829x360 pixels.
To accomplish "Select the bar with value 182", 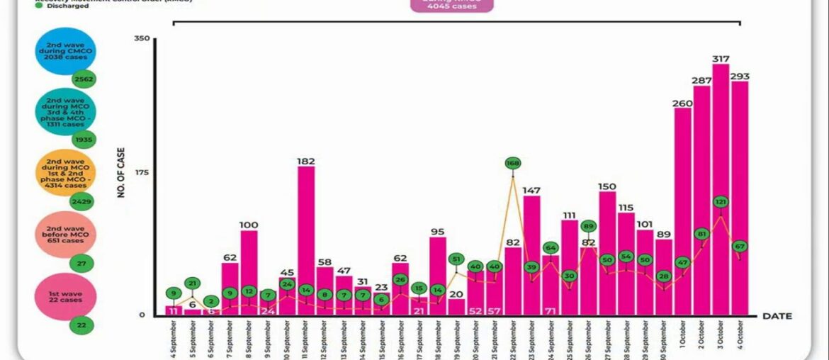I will point(306,241).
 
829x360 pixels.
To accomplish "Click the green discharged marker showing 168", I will point(513,163).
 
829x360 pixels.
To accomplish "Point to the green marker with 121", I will point(721,202).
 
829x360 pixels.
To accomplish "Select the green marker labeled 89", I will point(588,226).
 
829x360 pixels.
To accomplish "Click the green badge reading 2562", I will point(83,79).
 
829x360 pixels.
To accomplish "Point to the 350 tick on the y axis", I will point(142,38).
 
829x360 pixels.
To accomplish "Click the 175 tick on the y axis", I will point(142,173).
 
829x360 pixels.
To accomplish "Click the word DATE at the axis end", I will point(778,316).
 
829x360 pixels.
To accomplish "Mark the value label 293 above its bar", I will point(740,76).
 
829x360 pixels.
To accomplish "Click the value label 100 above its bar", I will point(249,225).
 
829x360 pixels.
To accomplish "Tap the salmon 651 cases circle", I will point(64,235).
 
